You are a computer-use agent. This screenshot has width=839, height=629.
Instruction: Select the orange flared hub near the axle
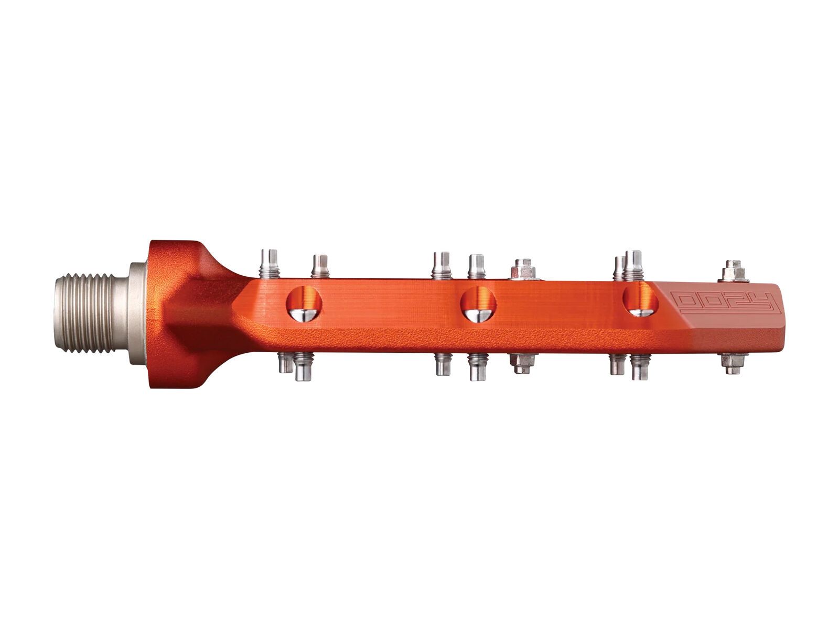pos(178,314)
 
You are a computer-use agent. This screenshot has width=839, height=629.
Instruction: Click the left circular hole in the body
pos(304,304)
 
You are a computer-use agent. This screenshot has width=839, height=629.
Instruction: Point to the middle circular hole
pos(478,305)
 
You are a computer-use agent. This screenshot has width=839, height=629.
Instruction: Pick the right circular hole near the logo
pos(640,301)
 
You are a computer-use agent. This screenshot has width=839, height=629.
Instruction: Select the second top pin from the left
pos(320,266)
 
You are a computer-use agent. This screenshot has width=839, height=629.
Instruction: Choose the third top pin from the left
pos(442,265)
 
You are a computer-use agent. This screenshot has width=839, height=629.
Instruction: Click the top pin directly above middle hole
pos(476,266)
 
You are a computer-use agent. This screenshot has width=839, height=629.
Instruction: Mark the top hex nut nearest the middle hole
pos(522,269)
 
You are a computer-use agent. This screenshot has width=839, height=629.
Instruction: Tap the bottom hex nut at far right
pos(733,363)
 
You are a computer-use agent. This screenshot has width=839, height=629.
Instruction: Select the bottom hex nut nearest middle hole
pos(522,363)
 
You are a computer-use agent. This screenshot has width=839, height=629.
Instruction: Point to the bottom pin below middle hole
pos(477,366)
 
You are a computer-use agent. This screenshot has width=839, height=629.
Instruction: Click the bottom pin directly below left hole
pos(302,367)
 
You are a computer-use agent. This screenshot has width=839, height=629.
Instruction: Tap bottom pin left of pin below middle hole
pos(443,364)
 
